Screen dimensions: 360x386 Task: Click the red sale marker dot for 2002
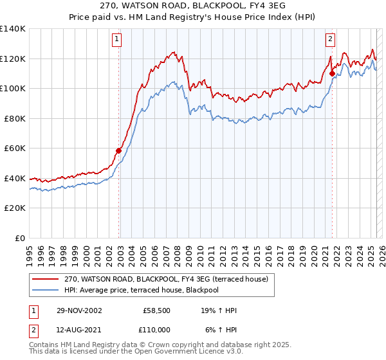point(119,150)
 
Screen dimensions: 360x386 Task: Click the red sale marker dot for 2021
point(332,73)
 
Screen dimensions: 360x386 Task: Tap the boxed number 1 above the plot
point(117,39)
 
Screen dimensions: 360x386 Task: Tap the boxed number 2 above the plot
point(330,39)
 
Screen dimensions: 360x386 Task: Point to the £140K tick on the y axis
point(13,29)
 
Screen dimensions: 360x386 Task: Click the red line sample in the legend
point(46,279)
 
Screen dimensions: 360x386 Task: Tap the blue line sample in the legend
point(46,289)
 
